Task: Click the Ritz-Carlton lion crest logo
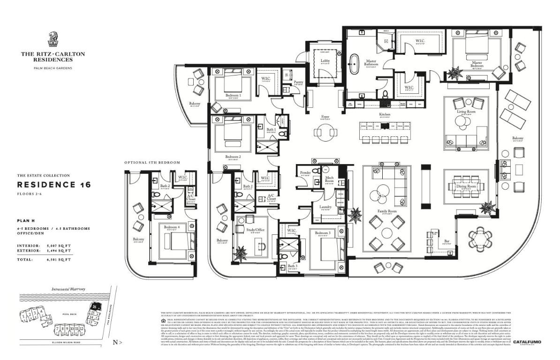pyautogui.click(x=53, y=39)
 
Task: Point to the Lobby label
pyautogui.click(x=325, y=61)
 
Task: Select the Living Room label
pyautogui.click(x=467, y=112)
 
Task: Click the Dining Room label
pyautogui.click(x=467, y=186)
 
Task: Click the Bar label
pyautogui.click(x=447, y=242)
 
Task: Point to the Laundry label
pyautogui.click(x=325, y=207)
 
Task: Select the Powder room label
pyautogui.click(x=305, y=172)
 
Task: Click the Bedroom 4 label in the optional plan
pyautogui.click(x=172, y=227)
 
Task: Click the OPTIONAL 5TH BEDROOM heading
pyautogui.click(x=152, y=163)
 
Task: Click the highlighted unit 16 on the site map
pyautogui.click(x=95, y=307)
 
